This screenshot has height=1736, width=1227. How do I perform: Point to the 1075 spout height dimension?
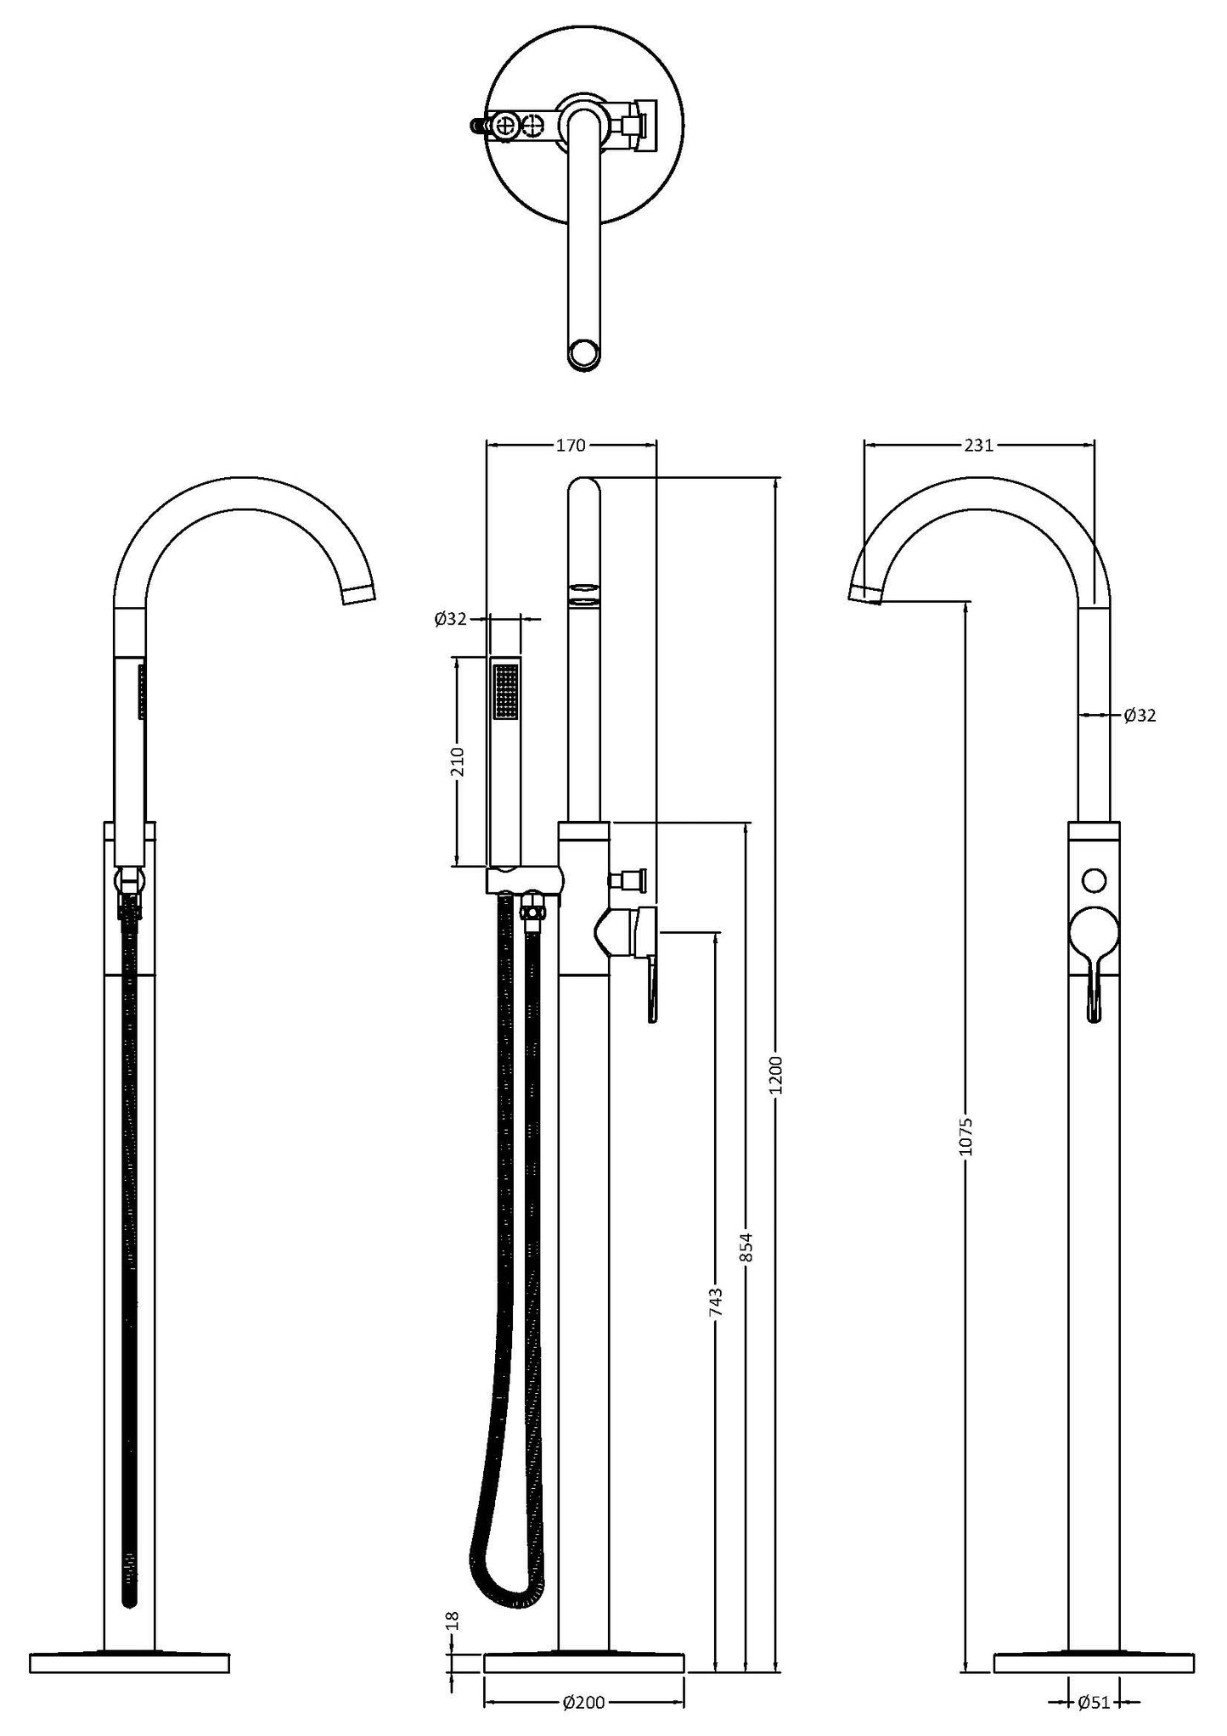click(965, 1135)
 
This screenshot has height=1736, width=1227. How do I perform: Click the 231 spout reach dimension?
click(978, 445)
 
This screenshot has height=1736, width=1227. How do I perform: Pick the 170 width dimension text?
click(571, 445)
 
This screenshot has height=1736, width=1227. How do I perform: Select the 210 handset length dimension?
click(458, 761)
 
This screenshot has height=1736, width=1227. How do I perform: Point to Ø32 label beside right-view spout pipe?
click(1140, 716)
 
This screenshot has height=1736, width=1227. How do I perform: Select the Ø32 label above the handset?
click(451, 619)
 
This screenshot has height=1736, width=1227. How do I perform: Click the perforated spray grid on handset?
click(506, 691)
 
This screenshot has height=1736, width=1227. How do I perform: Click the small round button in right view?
click(1095, 879)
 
